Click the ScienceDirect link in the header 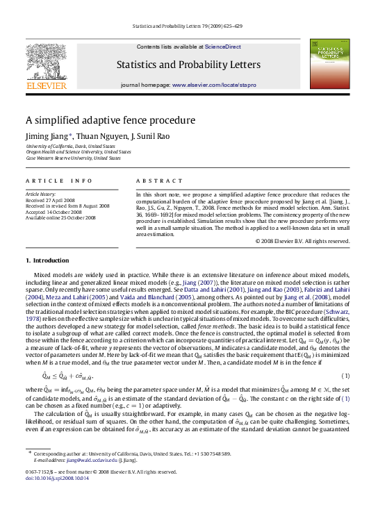(222, 47)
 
